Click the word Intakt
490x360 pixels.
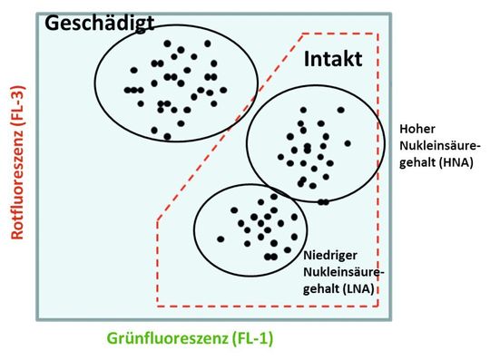332,60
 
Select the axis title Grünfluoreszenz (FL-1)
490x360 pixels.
191,339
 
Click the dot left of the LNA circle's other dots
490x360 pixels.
220,239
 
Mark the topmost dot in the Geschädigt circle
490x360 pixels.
167,43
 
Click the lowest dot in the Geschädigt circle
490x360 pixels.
167,137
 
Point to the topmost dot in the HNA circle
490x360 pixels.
341,109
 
